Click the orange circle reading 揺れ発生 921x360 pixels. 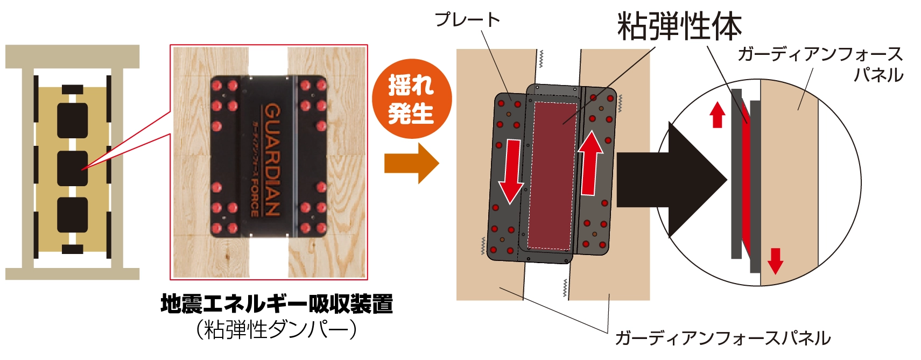[x=411, y=99]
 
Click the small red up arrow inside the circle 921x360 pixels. [x=717, y=115]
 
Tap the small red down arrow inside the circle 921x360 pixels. [x=775, y=260]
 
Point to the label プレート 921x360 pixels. [x=467, y=20]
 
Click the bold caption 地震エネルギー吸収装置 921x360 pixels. [x=277, y=304]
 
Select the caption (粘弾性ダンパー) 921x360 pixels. [x=277, y=330]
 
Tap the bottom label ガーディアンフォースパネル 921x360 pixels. [x=722, y=338]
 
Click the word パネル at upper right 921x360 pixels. [x=878, y=75]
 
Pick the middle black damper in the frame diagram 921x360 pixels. [x=72, y=168]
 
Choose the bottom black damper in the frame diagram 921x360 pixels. [x=72, y=215]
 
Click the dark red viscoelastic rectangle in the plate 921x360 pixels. [x=551, y=175]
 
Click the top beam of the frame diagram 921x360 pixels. [x=72, y=56]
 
